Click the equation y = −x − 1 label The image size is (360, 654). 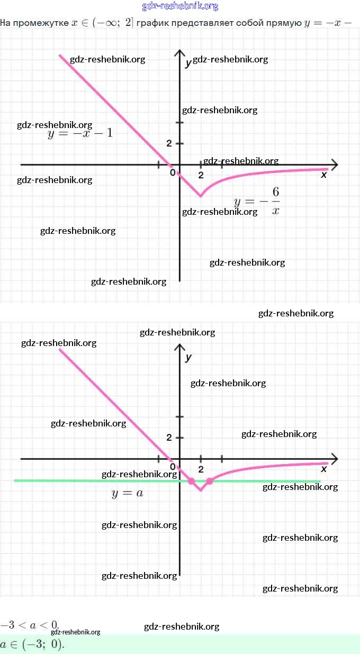(80, 133)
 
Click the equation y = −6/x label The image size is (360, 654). (257, 201)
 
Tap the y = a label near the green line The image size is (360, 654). (128, 493)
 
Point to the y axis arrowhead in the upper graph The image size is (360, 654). (179, 53)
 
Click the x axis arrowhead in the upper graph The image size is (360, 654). (334, 164)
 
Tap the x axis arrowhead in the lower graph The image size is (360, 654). (334, 458)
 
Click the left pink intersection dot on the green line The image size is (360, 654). (191, 481)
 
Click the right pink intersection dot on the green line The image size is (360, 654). (210, 481)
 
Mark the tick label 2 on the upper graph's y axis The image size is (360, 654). (169, 143)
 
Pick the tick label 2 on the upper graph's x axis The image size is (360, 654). (201, 175)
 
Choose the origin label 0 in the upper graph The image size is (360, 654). (173, 172)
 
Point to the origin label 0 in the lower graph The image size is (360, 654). (173, 467)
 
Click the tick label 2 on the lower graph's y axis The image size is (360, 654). (169, 438)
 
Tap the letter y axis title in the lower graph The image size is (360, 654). (188, 358)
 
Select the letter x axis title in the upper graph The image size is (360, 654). (324, 175)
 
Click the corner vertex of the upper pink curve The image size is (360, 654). (200, 196)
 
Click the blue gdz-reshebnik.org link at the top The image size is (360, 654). (180, 6)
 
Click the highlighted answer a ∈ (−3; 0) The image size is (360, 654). (32, 645)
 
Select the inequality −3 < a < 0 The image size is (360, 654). (30, 625)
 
